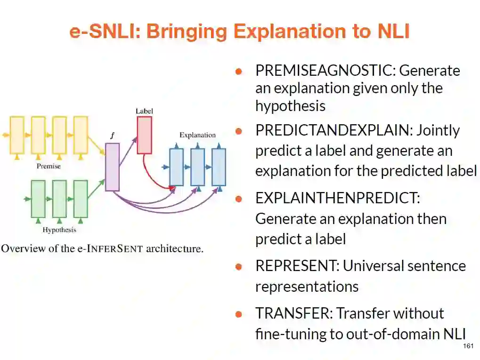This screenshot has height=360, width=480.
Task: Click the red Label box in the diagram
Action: point(144,135)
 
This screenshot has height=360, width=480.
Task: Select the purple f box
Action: point(112,167)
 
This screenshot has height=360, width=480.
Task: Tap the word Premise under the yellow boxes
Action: point(49,166)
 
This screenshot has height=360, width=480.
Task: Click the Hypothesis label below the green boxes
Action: point(59,230)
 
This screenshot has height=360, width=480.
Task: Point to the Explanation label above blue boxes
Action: point(197,135)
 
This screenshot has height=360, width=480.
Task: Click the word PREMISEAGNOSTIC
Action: point(325,71)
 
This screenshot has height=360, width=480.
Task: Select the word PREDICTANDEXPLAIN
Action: point(334,130)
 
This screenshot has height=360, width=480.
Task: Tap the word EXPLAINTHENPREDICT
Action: point(337,198)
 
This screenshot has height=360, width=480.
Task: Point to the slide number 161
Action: point(468,346)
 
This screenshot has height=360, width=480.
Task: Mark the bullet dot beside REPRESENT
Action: point(239,266)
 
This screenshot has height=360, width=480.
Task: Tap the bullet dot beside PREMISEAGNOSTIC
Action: point(239,71)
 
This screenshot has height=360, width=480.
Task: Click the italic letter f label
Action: point(112,136)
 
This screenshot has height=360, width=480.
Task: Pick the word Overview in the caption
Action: point(18,248)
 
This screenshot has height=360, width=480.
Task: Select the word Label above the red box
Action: point(144,111)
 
